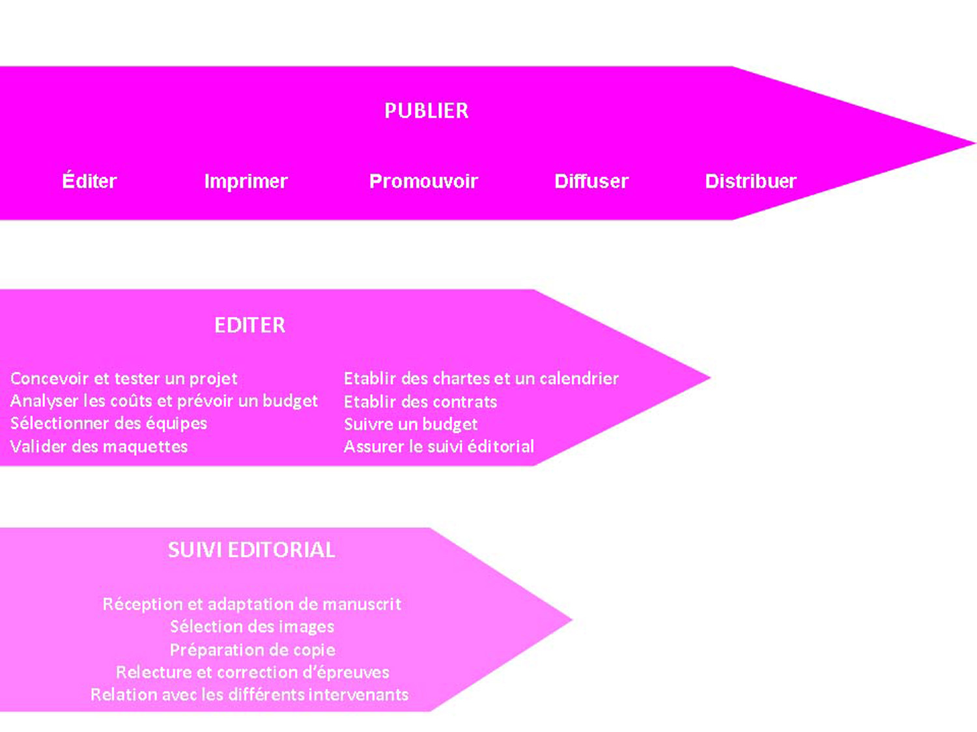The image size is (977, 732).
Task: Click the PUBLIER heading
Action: pos(426,111)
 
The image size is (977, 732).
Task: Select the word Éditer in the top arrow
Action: pos(89,181)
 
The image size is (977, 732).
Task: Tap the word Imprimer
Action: pos(246,181)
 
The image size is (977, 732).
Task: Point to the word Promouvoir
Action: pos(423,181)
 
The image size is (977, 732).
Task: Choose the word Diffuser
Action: pos(591,181)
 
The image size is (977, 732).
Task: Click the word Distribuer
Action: pos(750,181)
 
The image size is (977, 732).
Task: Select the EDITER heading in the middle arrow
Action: pos(249,325)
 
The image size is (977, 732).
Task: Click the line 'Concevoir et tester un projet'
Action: pos(124,378)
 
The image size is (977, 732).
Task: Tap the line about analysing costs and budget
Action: pos(163,401)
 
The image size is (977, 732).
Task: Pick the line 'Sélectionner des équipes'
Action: pos(109,424)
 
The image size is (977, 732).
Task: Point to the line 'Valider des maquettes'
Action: pos(99,446)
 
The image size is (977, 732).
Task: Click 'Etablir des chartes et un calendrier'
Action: pos(481,378)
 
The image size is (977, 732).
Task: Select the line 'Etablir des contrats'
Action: pos(420,401)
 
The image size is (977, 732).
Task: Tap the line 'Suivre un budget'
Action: pos(410,424)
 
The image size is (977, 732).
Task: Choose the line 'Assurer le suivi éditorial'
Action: pos(438,446)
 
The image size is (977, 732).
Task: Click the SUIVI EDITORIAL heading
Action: pos(251,550)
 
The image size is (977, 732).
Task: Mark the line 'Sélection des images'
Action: pos(252,627)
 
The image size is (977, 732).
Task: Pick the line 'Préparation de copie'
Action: pos(252,649)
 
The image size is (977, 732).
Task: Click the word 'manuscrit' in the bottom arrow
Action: pos(361,604)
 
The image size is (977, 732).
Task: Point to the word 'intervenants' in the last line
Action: pos(358,694)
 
